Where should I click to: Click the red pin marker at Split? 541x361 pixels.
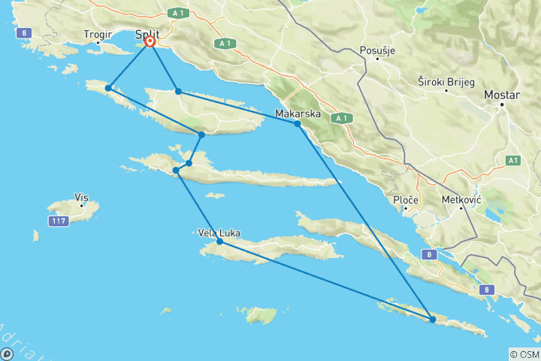tap(150, 42)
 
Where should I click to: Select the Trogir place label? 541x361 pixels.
tap(98, 35)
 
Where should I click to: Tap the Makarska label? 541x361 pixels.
tap(298, 114)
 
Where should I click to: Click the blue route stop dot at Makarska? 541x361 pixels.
tap(298, 124)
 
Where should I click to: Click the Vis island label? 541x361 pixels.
tap(81, 198)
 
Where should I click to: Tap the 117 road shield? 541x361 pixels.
tap(59, 221)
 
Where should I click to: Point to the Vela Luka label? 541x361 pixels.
tap(219, 233)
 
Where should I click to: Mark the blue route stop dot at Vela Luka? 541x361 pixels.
tap(219, 242)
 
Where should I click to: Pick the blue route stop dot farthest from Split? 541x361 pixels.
tap(433, 320)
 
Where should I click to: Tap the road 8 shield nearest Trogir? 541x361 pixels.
tap(26, 33)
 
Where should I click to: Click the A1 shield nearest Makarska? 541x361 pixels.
tap(341, 117)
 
